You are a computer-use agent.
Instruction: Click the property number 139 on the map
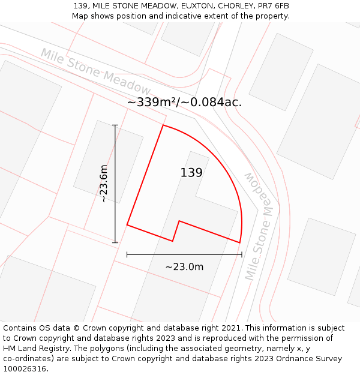[191, 173]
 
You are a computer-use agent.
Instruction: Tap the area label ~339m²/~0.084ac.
[185, 102]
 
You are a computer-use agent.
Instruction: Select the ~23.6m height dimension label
[103, 184]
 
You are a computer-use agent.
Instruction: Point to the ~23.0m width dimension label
[184, 267]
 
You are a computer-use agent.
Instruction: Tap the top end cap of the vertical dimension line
[115, 125]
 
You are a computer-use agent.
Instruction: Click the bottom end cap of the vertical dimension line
[115, 243]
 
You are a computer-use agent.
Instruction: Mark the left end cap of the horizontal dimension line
[127, 254]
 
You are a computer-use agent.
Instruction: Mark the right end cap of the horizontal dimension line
[242, 254]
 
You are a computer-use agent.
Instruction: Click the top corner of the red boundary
[163, 125]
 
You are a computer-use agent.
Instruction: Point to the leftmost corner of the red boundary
[127, 225]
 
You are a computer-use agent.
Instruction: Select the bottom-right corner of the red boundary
[240, 243]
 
